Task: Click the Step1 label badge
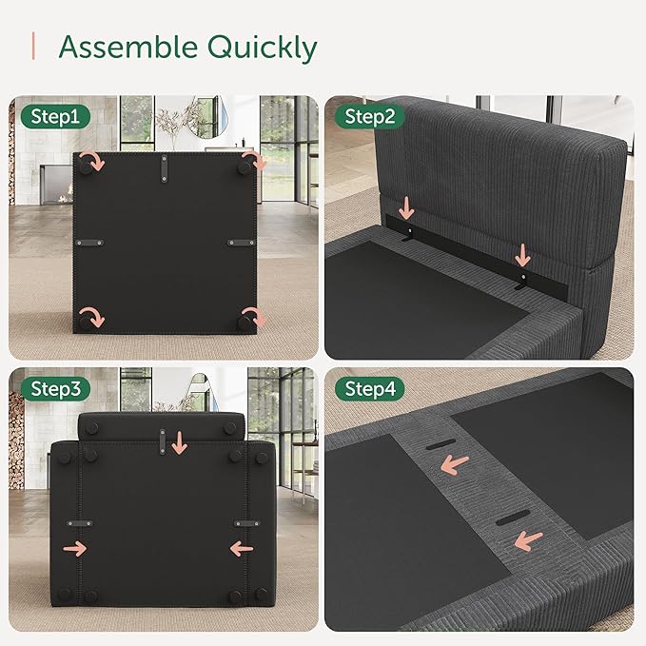(55, 117)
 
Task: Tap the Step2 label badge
(369, 117)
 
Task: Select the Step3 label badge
(55, 388)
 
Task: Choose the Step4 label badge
(369, 388)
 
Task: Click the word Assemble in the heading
(128, 47)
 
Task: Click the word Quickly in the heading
(262, 49)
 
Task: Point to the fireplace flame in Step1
(65, 199)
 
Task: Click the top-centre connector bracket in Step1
(164, 168)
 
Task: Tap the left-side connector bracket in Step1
(89, 243)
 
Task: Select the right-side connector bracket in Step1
(242, 243)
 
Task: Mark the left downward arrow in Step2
(406, 208)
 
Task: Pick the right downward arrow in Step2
(523, 255)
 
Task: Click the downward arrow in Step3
(179, 443)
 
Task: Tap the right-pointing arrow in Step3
(74, 549)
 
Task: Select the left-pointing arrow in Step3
(242, 549)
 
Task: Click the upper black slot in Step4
(440, 444)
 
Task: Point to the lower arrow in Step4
(528, 540)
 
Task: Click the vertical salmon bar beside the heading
(33, 46)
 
